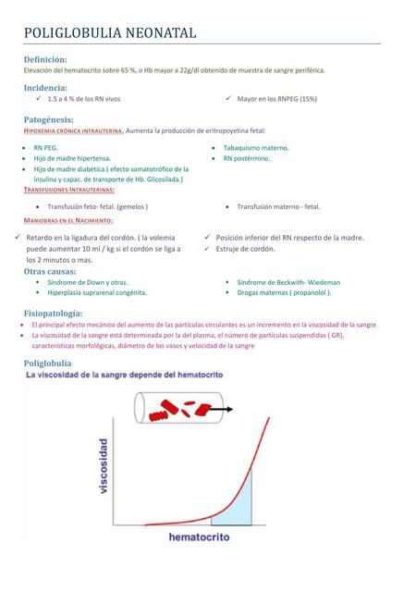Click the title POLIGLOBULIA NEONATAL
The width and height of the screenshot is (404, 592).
(x=110, y=32)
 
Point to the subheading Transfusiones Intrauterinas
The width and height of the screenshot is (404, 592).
(x=75, y=190)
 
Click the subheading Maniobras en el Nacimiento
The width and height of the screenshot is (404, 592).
(x=68, y=221)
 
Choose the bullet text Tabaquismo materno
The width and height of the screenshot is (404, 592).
(x=256, y=148)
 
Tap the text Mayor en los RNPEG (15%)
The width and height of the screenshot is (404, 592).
(x=276, y=98)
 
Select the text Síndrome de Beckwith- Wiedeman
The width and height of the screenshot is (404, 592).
(x=288, y=282)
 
